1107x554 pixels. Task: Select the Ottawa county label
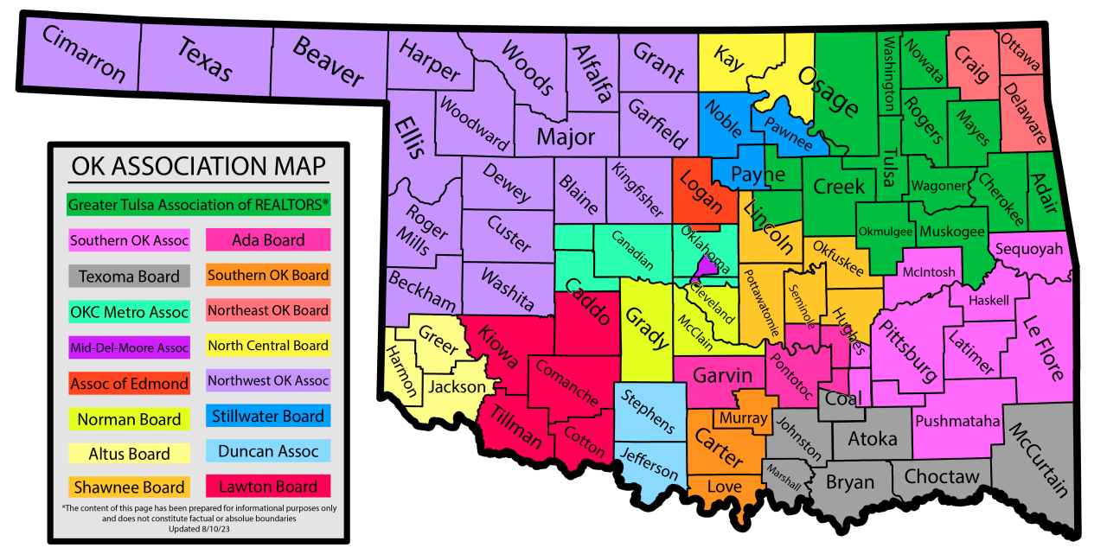pyautogui.click(x=1021, y=52)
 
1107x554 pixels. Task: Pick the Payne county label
pyautogui.click(x=758, y=175)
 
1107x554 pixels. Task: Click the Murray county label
pyautogui.click(x=743, y=418)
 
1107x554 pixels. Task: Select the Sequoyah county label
pyautogui.click(x=1028, y=249)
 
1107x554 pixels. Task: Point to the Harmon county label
pyautogui.click(x=401, y=372)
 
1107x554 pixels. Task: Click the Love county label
pyautogui.click(x=724, y=487)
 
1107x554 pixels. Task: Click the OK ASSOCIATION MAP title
pyautogui.click(x=198, y=166)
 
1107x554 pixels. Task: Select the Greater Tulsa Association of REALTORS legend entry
pyautogui.click(x=198, y=205)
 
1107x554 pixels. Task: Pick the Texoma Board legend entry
pyautogui.click(x=129, y=277)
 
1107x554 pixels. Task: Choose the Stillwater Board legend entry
pyautogui.click(x=268, y=416)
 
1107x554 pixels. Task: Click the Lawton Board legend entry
pyautogui.click(x=268, y=487)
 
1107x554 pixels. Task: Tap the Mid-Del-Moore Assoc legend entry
pyautogui.click(x=129, y=348)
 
